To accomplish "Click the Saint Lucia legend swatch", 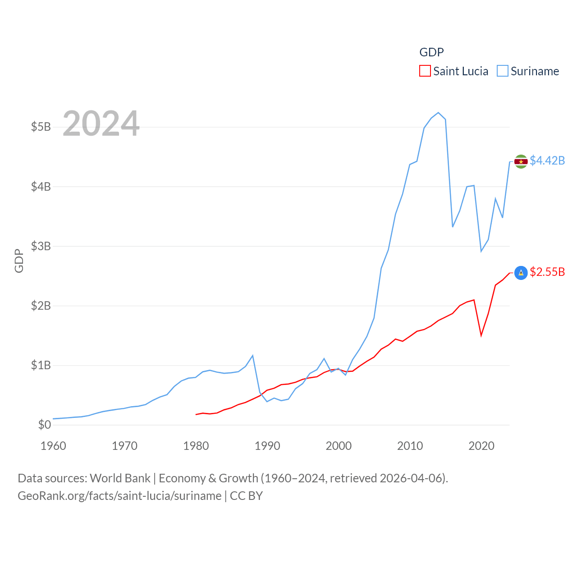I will click(425, 71).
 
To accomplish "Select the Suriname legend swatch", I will click(503, 71).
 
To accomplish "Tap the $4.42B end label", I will click(547, 160).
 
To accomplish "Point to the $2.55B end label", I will click(547, 272).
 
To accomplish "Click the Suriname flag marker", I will click(521, 161).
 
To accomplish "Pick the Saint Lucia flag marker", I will click(521, 273).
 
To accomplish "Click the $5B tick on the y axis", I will click(41, 127).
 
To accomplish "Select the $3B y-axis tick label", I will click(41, 246).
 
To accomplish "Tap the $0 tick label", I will click(44, 425).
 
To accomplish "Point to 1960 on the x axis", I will click(53, 446).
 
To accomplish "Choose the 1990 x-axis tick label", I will click(267, 446).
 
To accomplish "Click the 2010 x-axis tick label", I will click(410, 446).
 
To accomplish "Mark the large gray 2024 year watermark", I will click(101, 124).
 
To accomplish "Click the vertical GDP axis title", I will click(19, 261).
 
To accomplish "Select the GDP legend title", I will click(431, 52).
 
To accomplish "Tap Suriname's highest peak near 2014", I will click(438, 113).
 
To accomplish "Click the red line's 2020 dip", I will click(481, 335).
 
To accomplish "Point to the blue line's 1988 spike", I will click(252, 356).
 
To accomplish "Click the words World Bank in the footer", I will click(120, 478).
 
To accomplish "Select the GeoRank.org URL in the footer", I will click(119, 496).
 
